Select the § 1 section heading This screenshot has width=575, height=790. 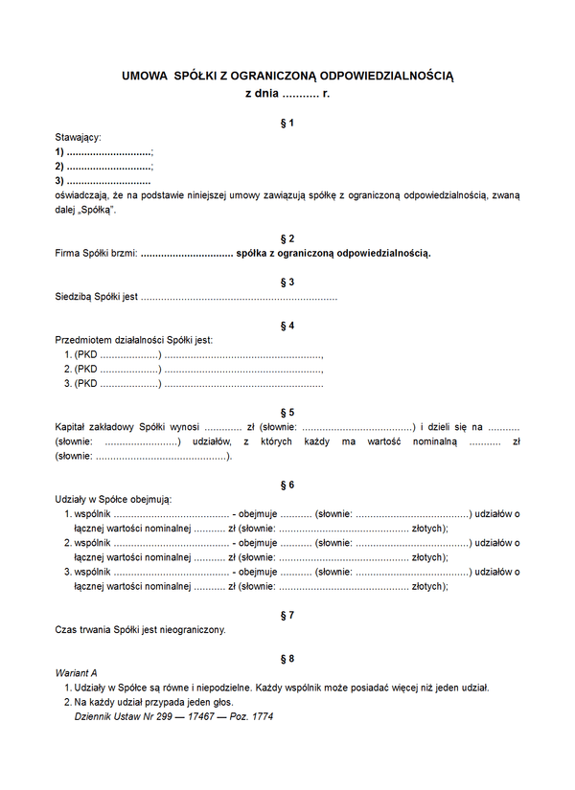pos(287,124)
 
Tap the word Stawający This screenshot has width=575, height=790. pos(79,138)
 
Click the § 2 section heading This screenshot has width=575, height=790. pos(287,238)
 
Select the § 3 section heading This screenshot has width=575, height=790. pos(287,282)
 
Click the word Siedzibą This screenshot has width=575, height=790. pos(76,297)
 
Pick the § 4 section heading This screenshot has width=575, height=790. pos(287,326)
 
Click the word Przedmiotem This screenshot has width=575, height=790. pos(83,340)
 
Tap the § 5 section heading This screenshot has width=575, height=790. pos(287,413)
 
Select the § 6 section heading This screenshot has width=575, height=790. pos(287,485)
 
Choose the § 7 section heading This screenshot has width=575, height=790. pos(287,616)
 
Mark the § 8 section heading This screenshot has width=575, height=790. pos(287,659)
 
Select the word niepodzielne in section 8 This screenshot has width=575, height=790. pos(213,688)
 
